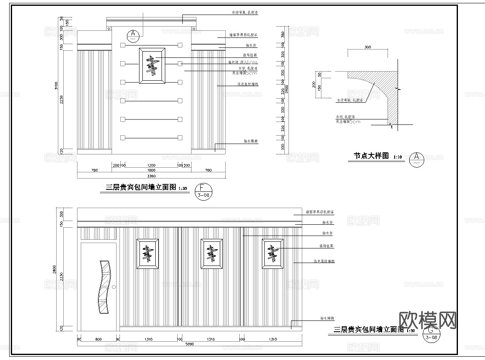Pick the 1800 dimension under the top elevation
click(151, 170)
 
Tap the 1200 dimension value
click(151, 165)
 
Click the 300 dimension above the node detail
click(368, 47)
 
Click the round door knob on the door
click(114, 287)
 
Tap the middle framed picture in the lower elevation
click(211, 253)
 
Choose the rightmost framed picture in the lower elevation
click(273, 253)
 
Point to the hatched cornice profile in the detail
click(383, 92)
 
